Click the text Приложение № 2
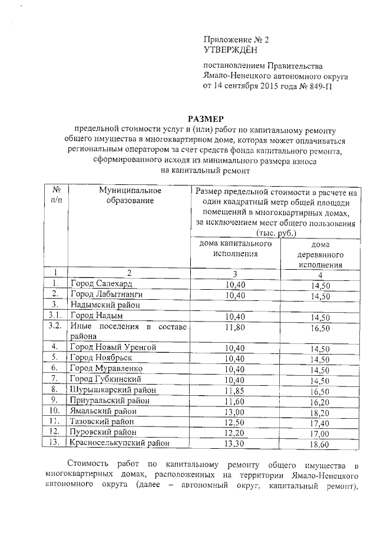[x=236, y=39]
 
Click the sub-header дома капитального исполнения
[x=234, y=249]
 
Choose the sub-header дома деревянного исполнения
[x=319, y=254]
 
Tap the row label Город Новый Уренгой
[x=111, y=347]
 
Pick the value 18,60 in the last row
[x=319, y=444]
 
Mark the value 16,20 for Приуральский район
[x=319, y=402]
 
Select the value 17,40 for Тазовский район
[x=319, y=423]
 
